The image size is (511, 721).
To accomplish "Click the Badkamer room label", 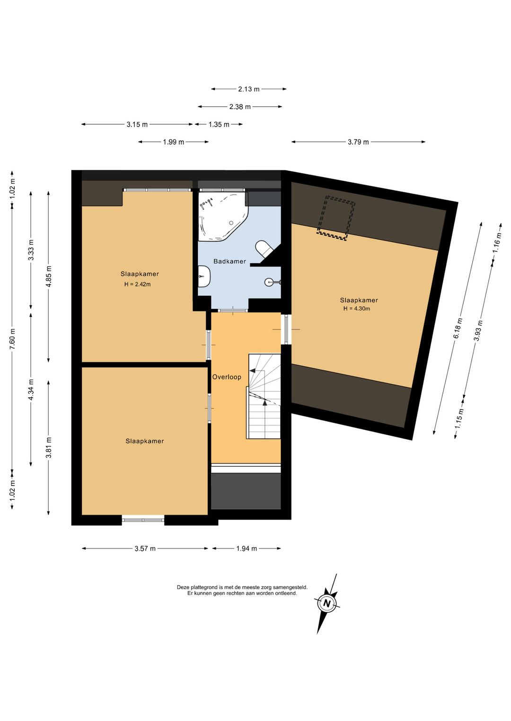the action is coord(229,261).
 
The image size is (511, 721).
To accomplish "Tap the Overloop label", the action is coord(227,377).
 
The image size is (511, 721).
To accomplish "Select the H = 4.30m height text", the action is coord(357,309).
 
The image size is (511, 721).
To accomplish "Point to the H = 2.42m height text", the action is coord(137,284).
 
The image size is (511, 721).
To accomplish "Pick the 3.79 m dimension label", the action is coord(358,142).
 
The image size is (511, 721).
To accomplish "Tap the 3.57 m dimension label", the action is coord(145,549).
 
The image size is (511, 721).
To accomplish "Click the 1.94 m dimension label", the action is coord(247,549).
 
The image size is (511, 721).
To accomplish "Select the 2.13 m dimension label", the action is coord(248,89).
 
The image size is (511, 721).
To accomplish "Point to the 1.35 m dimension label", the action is coord(219,125).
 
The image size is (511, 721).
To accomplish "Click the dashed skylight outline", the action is coord(336,218).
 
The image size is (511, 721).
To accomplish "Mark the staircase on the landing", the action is coord(264,396).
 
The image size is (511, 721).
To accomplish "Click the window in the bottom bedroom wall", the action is coord(143,520).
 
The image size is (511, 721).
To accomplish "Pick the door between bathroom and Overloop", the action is coord(233,310).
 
